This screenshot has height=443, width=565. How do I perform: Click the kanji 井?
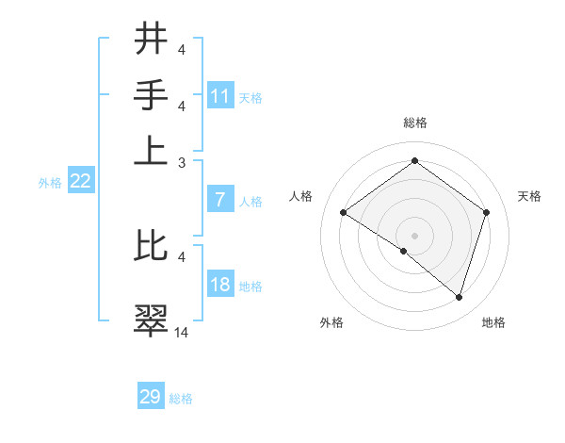coord(151,41)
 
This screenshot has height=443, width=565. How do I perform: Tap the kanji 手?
coord(151,95)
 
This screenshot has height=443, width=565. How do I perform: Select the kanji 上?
coord(151,151)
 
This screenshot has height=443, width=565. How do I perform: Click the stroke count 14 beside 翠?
coord(182,332)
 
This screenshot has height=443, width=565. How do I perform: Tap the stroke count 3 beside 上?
coord(182,162)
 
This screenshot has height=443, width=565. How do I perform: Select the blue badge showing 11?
coord(220,96)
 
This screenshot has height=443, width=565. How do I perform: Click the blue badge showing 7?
coord(220,200)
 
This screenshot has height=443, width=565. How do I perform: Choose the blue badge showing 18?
coord(220,285)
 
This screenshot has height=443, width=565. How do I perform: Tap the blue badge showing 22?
coord(80,182)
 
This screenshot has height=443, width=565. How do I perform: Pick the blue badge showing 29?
coord(151,397)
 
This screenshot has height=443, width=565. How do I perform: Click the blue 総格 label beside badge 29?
coord(182,399)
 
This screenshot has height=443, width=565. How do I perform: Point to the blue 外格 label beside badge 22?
coord(50,183)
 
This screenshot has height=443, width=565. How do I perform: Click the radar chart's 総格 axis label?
coord(414,123)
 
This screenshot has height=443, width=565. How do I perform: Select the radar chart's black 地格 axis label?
coord(493,322)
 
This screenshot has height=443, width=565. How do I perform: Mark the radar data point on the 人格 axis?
coord(344,213)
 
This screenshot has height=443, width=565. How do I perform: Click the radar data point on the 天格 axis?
coord(486,212)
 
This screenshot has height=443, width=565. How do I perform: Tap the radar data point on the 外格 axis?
coord(404,251)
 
